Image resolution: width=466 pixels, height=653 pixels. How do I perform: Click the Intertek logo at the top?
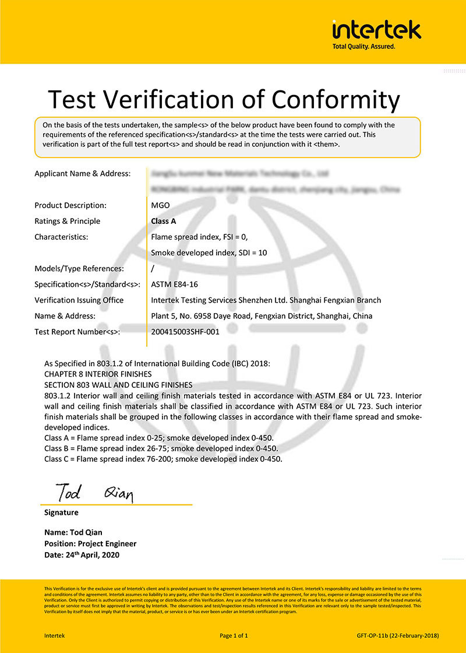376,29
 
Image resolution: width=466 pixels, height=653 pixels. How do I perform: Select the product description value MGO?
160,205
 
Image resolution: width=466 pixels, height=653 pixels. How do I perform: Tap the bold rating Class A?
164,221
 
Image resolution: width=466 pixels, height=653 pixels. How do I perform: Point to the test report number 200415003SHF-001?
185,332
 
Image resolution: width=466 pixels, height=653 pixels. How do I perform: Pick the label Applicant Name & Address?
82,173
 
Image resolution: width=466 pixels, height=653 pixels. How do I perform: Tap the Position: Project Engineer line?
90,543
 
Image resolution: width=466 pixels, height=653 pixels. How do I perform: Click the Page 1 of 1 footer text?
234,635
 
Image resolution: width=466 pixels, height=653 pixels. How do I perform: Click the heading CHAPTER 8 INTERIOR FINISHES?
98,374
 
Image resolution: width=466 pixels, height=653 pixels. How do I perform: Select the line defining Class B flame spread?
161,448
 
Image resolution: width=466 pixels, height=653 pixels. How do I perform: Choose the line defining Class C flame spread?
163,459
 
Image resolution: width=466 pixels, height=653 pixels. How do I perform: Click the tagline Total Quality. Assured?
363,46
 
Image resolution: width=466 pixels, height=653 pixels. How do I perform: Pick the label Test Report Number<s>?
77,332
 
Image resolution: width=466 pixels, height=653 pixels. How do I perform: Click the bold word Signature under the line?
61,512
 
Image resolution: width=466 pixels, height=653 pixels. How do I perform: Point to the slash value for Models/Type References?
153,269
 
